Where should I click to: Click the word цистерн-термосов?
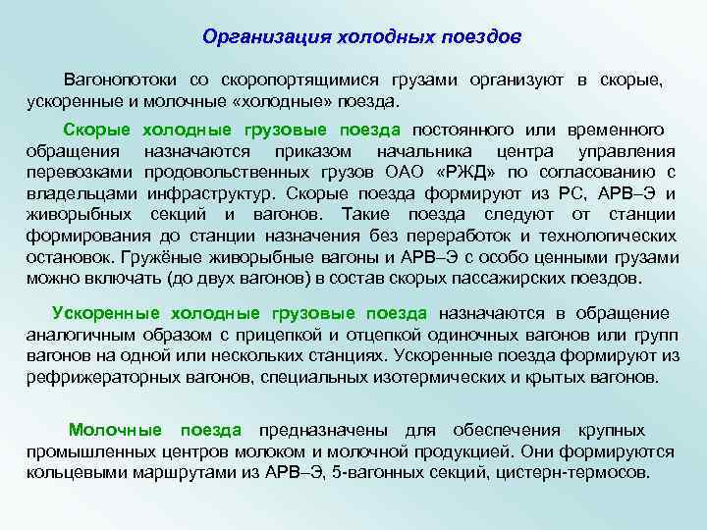coord(580,472)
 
